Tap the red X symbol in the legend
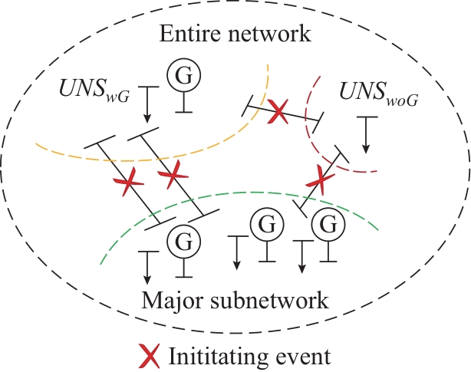coord(149,355)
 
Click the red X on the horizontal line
coord(280,114)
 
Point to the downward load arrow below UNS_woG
coord(366,133)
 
